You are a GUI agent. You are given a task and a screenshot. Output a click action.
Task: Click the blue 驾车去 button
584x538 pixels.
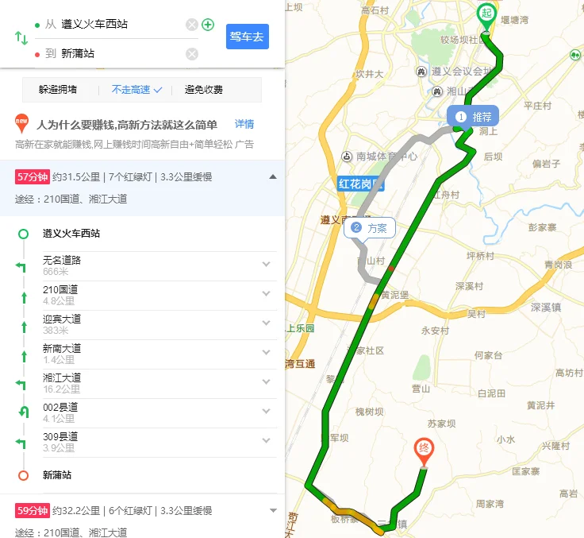coord(248,37)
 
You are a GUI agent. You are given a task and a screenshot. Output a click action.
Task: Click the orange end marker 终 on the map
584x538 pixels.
coord(425,451)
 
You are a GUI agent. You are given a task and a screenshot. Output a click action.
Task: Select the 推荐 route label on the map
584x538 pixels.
coord(474,117)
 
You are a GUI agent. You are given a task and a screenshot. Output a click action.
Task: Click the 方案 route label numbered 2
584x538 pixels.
coord(369,228)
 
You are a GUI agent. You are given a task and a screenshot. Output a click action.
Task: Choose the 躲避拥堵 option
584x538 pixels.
coord(58,90)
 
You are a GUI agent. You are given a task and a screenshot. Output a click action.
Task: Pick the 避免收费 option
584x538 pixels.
coord(204,90)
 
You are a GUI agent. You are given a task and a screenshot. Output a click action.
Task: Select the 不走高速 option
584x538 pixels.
coord(136,90)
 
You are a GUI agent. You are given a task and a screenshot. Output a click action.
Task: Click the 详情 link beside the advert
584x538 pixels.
coord(244,124)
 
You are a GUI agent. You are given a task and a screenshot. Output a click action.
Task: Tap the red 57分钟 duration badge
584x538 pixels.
coord(33,176)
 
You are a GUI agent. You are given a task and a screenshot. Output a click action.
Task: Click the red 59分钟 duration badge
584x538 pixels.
coord(33,510)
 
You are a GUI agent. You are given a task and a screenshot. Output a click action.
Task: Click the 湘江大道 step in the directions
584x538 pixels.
coord(62,377)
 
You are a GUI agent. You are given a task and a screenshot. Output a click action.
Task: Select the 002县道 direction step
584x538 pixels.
coord(60,407)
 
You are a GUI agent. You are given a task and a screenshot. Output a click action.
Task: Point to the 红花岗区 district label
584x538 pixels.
coord(360,184)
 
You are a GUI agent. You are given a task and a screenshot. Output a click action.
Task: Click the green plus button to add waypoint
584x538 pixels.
coord(208,25)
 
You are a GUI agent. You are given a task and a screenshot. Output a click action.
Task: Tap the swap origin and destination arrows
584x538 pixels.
coord(21,38)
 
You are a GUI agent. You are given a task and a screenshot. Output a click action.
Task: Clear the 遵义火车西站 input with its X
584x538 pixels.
coord(192,25)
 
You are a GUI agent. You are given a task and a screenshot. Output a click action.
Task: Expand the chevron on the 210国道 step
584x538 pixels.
coord(266,294)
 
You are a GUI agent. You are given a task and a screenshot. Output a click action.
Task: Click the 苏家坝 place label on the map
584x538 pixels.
coord(443,424)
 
